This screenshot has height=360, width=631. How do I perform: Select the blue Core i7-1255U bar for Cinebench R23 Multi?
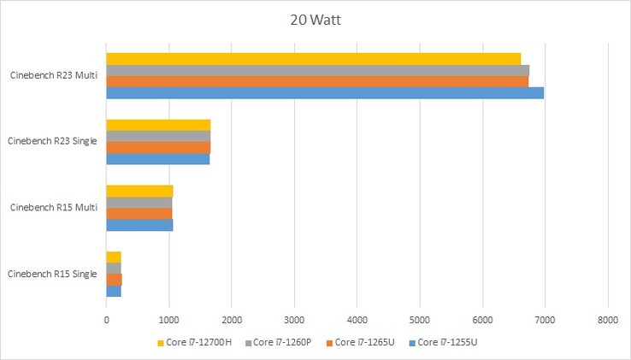325,92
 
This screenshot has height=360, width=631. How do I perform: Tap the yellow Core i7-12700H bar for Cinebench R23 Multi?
313,58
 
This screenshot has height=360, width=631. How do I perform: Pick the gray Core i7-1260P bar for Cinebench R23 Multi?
317,70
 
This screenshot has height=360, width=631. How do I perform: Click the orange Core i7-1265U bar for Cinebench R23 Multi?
317,81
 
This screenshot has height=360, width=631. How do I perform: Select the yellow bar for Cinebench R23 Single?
158,125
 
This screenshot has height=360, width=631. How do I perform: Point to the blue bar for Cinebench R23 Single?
157,158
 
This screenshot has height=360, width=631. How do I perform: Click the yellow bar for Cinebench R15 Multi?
139,191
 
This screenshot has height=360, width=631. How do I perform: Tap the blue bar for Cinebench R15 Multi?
139,224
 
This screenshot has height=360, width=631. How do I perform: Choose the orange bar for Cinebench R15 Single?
114,280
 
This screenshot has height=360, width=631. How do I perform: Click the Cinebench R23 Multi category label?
54,75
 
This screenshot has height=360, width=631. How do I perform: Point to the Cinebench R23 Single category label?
52,141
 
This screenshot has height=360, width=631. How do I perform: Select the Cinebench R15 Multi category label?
54,208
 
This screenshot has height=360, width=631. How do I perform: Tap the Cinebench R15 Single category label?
52,274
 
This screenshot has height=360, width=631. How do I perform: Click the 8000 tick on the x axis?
607,321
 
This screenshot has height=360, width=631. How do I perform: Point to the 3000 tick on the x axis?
294,321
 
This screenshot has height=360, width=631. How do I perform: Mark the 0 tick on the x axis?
106,321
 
